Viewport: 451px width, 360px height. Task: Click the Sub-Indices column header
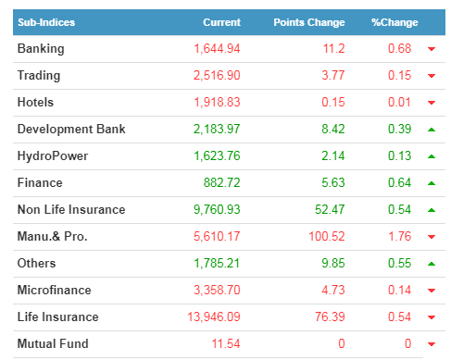click(46, 22)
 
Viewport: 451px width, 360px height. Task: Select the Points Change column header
click(309, 22)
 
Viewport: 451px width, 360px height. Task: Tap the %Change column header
click(395, 22)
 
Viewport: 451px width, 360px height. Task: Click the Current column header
click(221, 22)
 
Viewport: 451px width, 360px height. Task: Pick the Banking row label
click(41, 49)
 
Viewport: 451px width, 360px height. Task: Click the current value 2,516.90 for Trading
click(217, 76)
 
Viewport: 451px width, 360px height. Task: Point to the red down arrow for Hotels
click(432, 103)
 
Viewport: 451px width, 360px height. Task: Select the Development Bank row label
click(71, 130)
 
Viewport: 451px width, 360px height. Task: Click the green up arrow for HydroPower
click(432, 156)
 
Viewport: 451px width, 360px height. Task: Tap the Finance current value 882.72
click(221, 183)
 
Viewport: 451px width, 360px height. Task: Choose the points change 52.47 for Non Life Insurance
click(330, 210)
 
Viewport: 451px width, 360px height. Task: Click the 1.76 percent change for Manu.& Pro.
click(400, 237)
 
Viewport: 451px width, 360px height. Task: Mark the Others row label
click(36, 264)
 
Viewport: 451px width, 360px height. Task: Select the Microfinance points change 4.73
click(333, 291)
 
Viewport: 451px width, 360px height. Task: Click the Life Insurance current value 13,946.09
click(214, 317)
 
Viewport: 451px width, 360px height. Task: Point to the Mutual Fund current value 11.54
click(226, 344)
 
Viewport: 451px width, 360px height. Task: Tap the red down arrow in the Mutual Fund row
click(432, 344)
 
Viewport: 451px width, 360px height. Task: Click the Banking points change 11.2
click(333, 49)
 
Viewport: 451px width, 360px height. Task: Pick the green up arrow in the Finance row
click(432, 183)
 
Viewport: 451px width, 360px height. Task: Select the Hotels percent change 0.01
click(399, 103)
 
